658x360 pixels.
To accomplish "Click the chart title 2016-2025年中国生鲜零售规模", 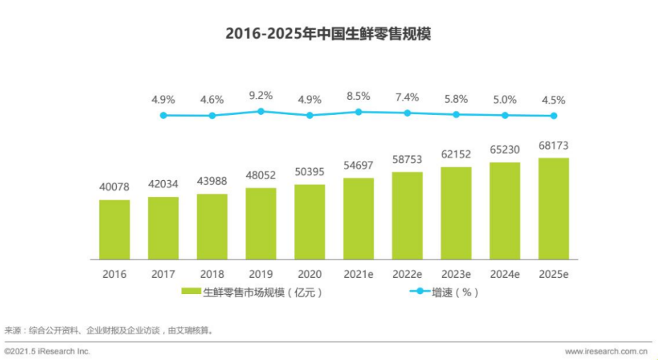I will point(328,34).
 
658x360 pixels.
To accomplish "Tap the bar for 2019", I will point(261,223).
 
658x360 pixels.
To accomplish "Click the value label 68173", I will point(553,147).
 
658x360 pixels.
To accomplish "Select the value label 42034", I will point(163,184).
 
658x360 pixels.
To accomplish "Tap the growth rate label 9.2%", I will point(261,95).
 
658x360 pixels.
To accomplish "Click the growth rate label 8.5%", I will point(358,96).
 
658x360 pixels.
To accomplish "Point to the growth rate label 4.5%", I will point(553,100).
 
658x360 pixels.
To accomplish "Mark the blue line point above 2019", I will point(261,111).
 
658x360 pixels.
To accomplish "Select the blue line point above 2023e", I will point(456,114).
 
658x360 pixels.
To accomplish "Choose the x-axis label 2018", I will point(212,274).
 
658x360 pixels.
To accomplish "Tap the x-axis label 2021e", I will point(358,274).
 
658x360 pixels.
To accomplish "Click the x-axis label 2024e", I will point(504,274).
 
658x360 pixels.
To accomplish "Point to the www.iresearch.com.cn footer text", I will point(606,351).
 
